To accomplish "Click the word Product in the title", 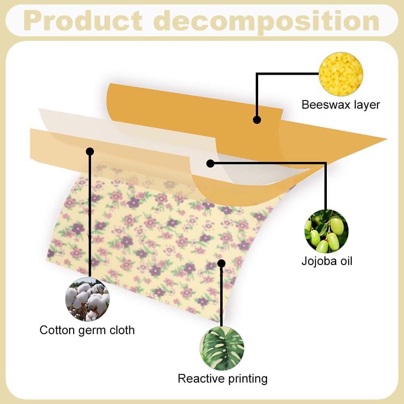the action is click(83, 21).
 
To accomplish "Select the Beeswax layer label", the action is click(341, 105).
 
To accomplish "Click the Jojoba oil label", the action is click(327, 261).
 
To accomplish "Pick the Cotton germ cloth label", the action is click(87, 330).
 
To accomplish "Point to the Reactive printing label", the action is click(223, 379).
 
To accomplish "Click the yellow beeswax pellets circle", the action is click(341, 74).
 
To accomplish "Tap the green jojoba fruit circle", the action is click(326, 231).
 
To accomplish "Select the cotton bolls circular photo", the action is click(87, 299).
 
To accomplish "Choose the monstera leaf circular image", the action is click(222, 348).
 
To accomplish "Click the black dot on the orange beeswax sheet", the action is click(257, 120).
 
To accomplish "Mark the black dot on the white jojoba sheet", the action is click(210, 163).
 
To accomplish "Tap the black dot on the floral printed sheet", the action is click(221, 263).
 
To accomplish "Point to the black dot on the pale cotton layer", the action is click(90, 151).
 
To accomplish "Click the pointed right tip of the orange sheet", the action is click(387, 139).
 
